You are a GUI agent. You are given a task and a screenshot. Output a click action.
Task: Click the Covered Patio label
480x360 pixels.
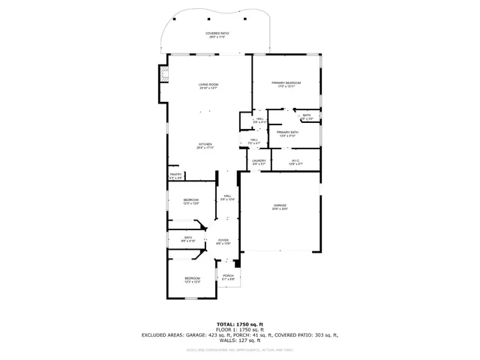click(217, 35)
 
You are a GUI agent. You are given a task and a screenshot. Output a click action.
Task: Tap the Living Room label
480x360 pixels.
click(208, 86)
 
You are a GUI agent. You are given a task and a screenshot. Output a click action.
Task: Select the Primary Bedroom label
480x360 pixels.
click(286, 84)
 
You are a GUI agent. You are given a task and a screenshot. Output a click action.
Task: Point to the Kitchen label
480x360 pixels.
click(205, 145)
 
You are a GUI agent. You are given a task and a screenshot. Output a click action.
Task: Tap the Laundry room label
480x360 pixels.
click(259, 161)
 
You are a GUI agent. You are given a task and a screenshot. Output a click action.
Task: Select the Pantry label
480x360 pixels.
click(175, 176)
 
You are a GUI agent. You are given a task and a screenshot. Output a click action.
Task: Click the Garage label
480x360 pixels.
click(280, 207)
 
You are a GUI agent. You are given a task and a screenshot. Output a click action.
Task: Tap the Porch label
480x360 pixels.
click(228, 277)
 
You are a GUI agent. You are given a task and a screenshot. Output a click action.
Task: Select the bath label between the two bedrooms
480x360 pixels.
click(188, 239)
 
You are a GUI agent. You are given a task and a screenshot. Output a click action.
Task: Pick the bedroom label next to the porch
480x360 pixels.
click(193, 280)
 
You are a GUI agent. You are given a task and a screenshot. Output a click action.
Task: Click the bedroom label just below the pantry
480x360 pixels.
click(191, 201)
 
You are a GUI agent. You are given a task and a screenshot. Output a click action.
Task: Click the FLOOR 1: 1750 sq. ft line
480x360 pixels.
click(239, 330)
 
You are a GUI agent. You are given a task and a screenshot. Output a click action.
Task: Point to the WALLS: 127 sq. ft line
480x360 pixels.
click(239, 340)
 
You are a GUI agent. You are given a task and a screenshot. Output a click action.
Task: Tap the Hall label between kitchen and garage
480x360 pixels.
click(227, 199)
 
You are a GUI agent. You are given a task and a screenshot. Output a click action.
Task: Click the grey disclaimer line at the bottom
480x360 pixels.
click(239, 349)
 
